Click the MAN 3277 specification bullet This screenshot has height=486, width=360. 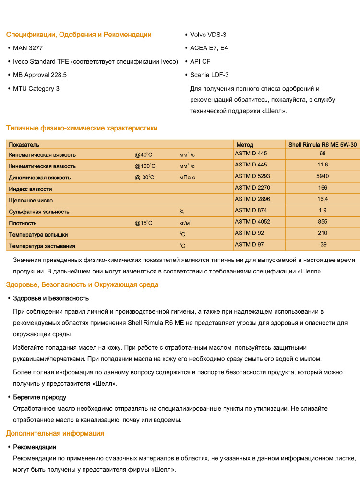point(29,48)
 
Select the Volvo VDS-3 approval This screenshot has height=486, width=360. point(208,35)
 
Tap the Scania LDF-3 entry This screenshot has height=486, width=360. point(209,75)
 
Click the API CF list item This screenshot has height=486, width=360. point(200,61)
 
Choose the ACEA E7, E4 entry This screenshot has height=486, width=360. point(209,48)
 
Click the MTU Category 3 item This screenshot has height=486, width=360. point(36,88)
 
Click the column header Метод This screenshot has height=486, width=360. point(245,144)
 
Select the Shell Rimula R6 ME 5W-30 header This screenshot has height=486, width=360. point(323,144)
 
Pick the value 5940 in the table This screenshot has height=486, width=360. point(323,176)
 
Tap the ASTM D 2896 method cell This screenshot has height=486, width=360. point(251,199)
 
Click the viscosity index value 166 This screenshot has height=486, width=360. point(323,188)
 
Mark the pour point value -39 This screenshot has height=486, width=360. point(323,244)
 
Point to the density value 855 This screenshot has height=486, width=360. point(323,222)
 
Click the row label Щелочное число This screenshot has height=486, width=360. point(31,200)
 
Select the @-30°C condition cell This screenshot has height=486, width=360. point(144,178)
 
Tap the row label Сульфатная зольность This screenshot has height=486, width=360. point(39,212)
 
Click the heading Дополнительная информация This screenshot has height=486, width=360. point(55,433)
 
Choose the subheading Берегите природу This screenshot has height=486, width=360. point(39,397)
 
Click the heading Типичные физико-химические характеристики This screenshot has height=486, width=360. point(82,128)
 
